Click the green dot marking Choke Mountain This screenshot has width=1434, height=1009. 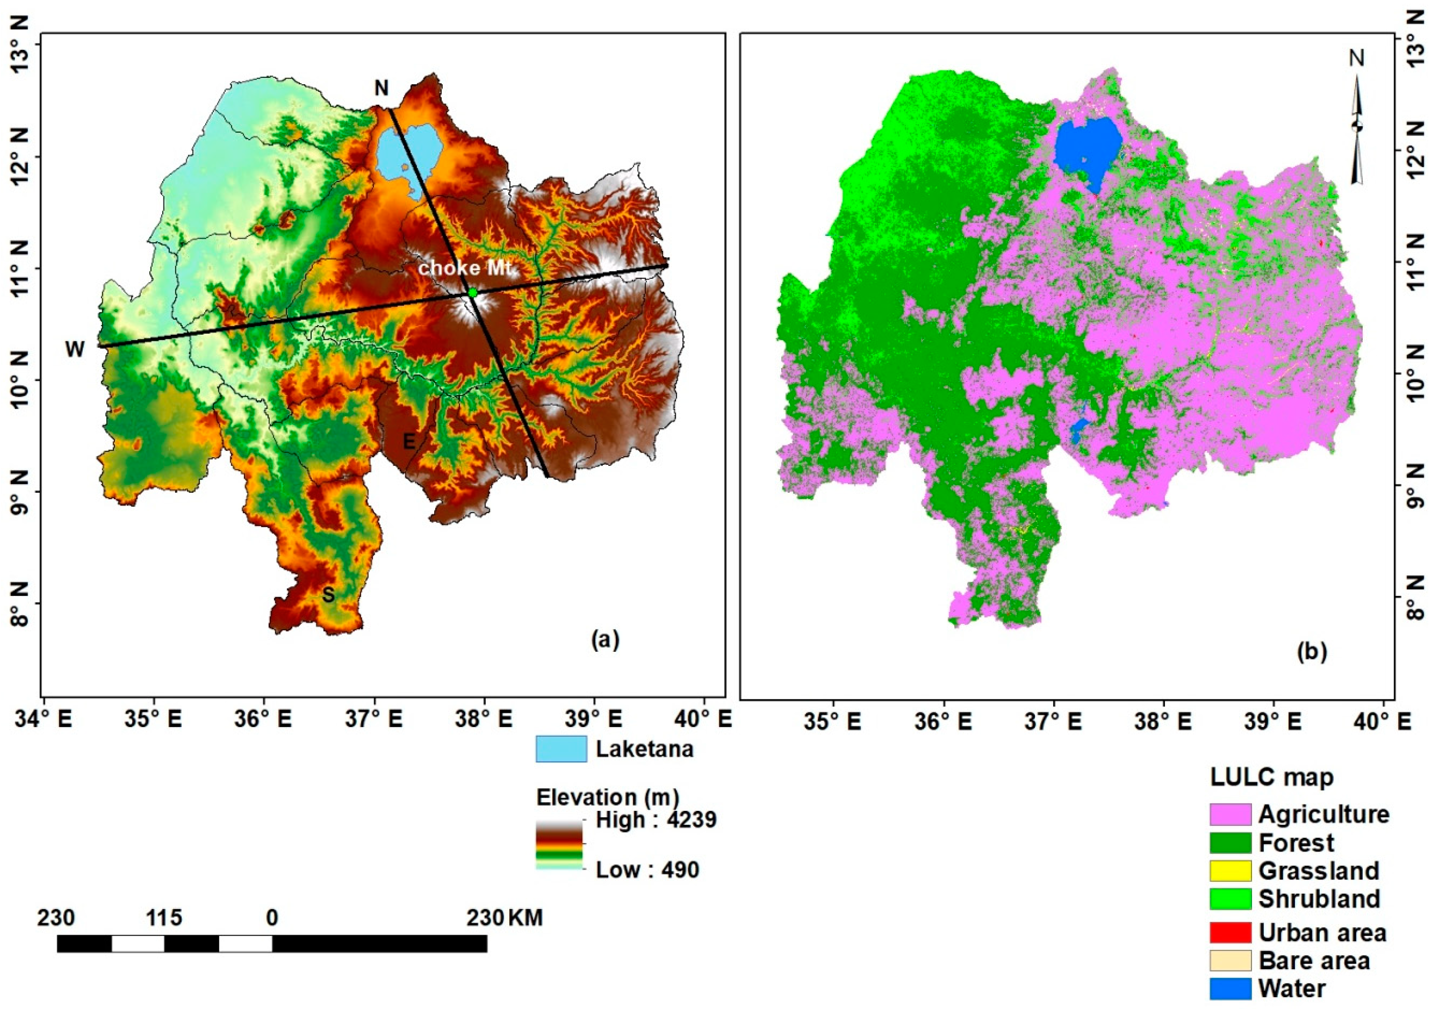[x=472, y=292]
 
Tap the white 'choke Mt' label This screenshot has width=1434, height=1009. [x=465, y=269]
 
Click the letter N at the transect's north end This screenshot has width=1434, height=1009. [x=381, y=89]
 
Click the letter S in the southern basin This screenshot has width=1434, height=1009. [x=328, y=595]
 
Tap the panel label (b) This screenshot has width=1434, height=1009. [x=1311, y=651]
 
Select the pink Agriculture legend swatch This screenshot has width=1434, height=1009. [x=1230, y=814]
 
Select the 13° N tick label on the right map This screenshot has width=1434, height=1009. [x=1417, y=37]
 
